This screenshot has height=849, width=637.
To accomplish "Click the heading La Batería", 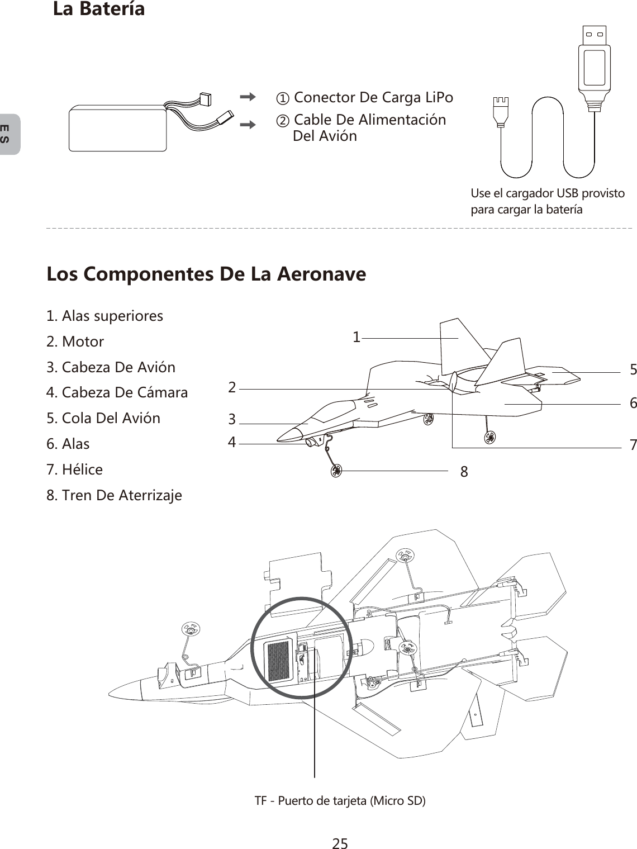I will pos(99,9).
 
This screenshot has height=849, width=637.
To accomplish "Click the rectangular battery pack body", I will pos(117,128).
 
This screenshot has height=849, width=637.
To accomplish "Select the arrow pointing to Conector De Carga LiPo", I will pos(246,97).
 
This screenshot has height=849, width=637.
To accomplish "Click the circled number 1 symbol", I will pos(284,99).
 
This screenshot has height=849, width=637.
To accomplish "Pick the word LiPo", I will pos(439,97).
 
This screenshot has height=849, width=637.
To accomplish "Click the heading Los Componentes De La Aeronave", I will pos(206,274).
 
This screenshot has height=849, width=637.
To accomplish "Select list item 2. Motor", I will pos(75,342).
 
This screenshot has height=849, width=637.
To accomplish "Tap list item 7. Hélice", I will pos(75,469).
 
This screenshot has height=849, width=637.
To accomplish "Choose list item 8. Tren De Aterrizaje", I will pos(115,495).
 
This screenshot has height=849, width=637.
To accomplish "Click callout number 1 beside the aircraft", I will pos(356,337).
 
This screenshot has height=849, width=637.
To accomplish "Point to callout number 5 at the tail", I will pos(633,369).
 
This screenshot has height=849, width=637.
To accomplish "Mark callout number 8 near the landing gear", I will pos(464,472).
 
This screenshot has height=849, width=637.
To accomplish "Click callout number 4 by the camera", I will pos(232,443).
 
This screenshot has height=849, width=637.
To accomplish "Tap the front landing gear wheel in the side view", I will pos(336,471).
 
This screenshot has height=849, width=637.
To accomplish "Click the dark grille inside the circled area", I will pos(279,661).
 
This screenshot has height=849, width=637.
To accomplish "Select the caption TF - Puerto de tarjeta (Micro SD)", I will pos(340,800).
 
